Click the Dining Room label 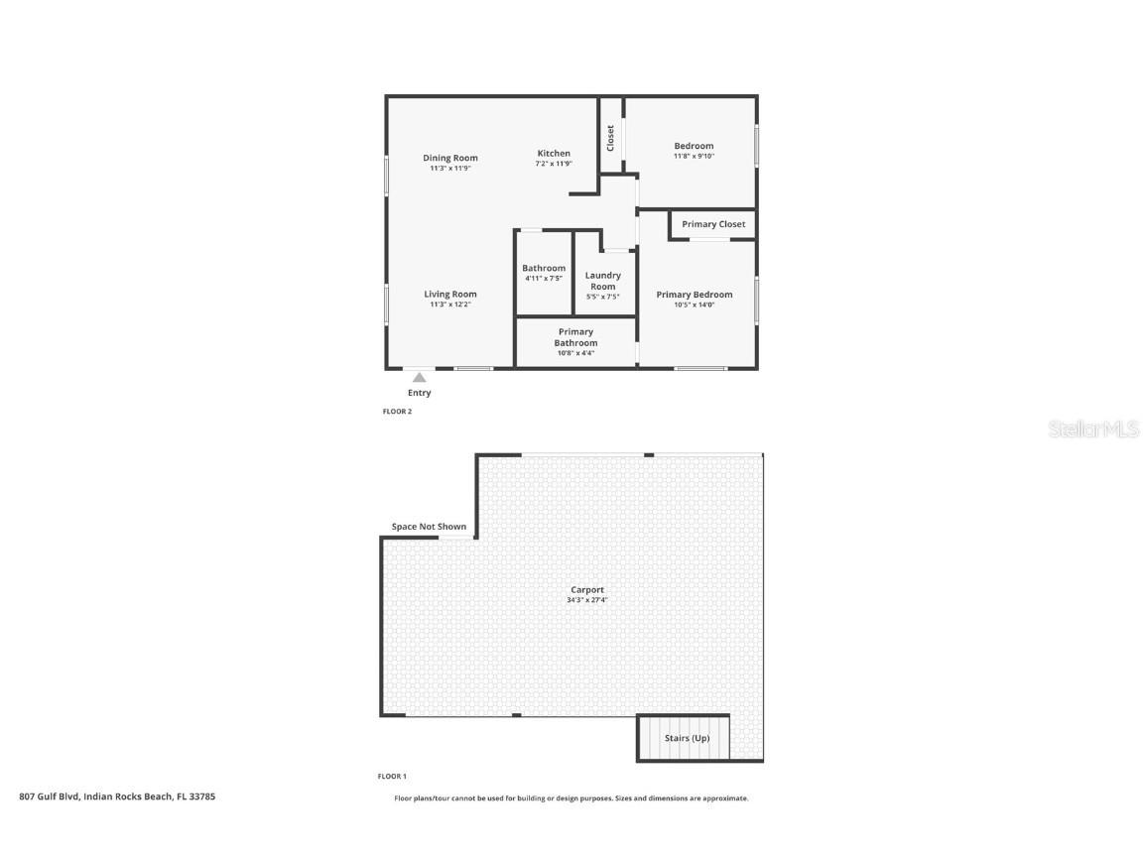click(x=449, y=158)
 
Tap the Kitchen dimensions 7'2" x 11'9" click(x=554, y=164)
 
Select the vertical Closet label click(x=610, y=137)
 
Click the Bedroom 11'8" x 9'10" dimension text click(x=694, y=156)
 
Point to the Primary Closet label click(x=713, y=224)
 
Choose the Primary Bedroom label click(x=695, y=295)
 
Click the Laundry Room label click(x=603, y=281)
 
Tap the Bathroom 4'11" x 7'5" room click(x=544, y=273)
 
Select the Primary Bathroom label click(x=575, y=337)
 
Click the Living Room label click(x=450, y=294)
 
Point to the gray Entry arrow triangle click(x=420, y=377)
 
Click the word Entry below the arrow click(x=420, y=393)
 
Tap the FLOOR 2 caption click(x=397, y=412)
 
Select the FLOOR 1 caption click(x=392, y=777)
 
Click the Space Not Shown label click(x=429, y=527)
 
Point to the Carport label click(x=587, y=590)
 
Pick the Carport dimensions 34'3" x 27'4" click(x=587, y=600)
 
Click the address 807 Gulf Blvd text click(x=117, y=796)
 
